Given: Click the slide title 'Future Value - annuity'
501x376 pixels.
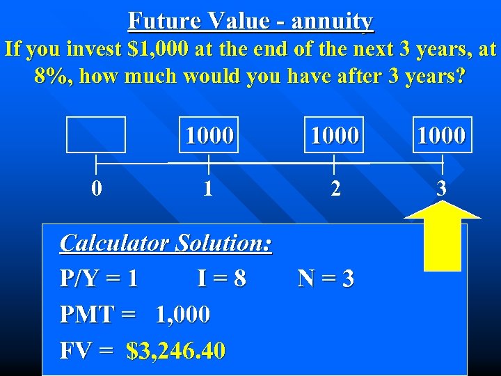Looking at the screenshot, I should [250, 22].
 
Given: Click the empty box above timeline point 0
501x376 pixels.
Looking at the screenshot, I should [96, 134].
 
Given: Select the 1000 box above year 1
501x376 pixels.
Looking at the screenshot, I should [209, 134].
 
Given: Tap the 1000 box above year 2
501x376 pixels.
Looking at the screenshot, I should [335, 134].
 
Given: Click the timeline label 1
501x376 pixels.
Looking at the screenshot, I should [208, 189].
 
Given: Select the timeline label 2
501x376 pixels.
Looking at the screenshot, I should [335, 189].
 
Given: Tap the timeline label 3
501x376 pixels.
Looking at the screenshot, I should [441, 189].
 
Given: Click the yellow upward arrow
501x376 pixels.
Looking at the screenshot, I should [443, 237].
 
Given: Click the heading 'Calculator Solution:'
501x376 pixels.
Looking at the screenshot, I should [166, 243].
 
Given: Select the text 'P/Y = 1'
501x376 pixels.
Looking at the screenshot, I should [99, 279].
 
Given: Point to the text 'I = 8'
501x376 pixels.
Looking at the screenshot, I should [221, 279].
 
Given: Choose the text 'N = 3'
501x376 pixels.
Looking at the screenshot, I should [326, 279].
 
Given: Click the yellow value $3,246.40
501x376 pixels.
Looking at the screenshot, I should [176, 350].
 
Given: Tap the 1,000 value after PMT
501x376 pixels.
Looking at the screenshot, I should [183, 315].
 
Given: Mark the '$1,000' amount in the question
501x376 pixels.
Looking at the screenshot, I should [143, 49].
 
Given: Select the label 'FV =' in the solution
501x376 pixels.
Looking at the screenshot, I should [86, 350].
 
